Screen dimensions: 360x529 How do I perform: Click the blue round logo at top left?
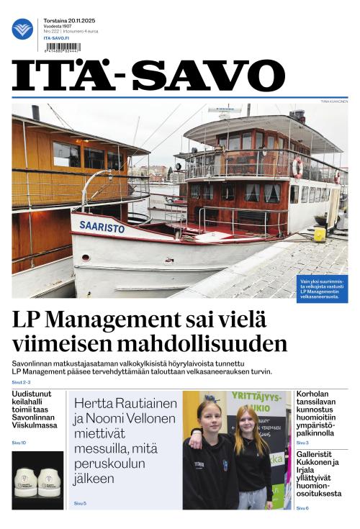[x=22, y=29]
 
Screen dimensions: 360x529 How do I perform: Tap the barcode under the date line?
[x=61, y=48]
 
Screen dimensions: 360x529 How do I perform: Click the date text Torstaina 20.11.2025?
[x=71, y=21]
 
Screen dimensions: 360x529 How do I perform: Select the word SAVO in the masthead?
[x=209, y=76]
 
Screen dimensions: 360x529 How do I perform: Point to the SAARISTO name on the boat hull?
[x=102, y=227]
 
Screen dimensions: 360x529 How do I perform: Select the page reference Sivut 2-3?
[x=22, y=382]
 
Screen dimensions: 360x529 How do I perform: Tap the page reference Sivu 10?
[x=19, y=443]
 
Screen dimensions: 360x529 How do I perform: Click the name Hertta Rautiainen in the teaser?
[x=126, y=403]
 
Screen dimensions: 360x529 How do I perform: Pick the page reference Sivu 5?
[x=80, y=503]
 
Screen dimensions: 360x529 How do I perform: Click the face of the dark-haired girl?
[x=209, y=415]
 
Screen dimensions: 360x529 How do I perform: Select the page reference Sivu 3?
[x=302, y=443]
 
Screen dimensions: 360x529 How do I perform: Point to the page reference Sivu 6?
[x=302, y=508]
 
